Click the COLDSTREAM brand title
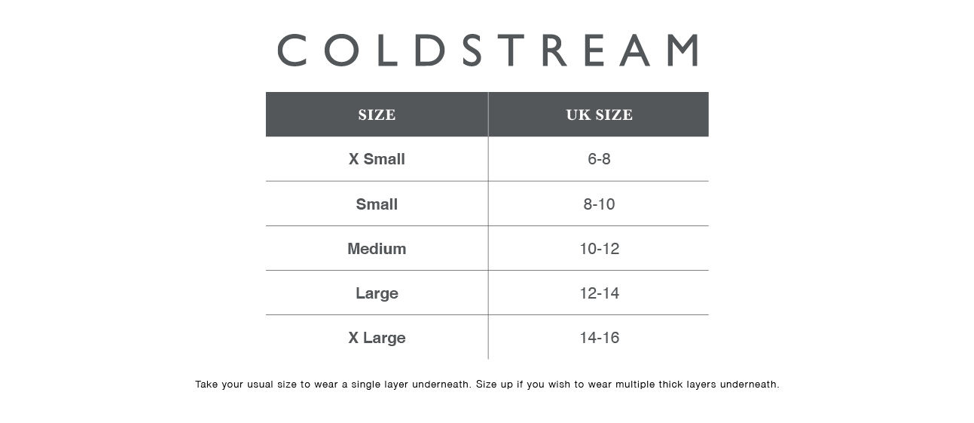487,50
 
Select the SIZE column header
377,115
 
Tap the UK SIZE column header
599,115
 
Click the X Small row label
377,159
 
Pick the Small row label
377,204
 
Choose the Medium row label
377,249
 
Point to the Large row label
377,293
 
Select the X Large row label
377,338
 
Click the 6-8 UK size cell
599,159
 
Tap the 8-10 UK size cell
599,204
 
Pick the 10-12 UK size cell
599,249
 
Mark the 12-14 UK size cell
599,293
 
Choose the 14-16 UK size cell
599,338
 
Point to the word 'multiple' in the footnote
636,385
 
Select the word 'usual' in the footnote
259,385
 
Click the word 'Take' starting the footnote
206,385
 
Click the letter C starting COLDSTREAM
293,50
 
